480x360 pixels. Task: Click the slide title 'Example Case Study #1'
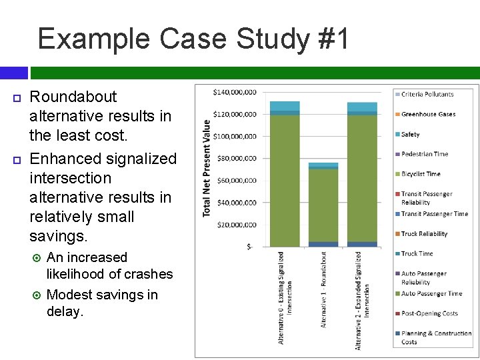193,39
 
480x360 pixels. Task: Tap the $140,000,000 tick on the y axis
235,92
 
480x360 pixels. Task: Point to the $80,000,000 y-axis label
235,158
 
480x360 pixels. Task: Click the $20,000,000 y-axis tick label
235,225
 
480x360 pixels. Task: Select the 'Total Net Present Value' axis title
207,168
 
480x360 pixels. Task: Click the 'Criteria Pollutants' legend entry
427,95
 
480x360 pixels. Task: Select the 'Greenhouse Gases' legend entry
428,114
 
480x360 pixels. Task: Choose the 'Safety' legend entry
410,135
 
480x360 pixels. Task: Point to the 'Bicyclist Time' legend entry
421,174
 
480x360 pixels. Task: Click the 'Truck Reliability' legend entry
424,234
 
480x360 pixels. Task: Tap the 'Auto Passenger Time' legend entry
431,293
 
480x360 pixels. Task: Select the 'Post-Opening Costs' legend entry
429,313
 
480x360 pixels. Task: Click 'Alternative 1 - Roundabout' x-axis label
324,289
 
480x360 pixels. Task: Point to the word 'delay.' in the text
65,311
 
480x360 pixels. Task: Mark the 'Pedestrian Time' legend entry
425,154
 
